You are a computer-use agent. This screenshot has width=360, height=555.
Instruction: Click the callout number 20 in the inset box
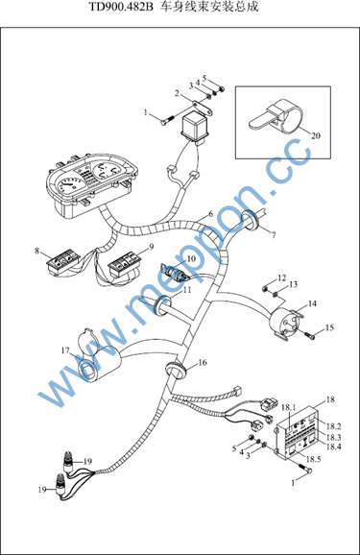point(316,135)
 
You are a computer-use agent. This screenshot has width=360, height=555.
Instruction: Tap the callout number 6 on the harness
point(211,214)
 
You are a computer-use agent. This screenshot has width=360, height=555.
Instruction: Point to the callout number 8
point(37,251)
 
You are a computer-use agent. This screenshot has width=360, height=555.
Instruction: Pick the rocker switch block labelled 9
point(123,266)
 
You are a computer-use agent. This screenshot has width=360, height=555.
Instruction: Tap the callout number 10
point(191,258)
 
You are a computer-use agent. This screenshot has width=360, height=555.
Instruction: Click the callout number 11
point(187,290)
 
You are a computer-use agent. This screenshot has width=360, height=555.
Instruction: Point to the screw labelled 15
point(309,336)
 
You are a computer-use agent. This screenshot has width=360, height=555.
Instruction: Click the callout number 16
point(203,362)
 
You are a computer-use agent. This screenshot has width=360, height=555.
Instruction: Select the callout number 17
point(65,350)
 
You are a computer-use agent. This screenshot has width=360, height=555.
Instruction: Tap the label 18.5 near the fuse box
point(313,459)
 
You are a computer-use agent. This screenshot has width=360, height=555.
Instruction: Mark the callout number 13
point(293,284)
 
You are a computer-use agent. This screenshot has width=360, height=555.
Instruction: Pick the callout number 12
point(282,277)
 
